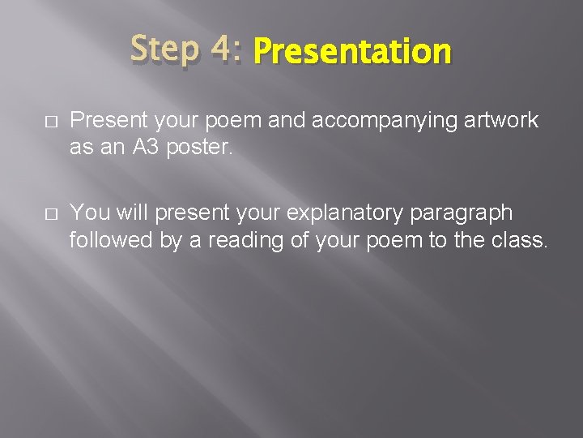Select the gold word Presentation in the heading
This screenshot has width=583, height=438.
(x=351, y=52)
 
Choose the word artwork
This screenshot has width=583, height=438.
(x=504, y=121)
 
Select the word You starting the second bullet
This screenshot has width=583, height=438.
(x=89, y=213)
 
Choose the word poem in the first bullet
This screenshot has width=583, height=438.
(x=241, y=121)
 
